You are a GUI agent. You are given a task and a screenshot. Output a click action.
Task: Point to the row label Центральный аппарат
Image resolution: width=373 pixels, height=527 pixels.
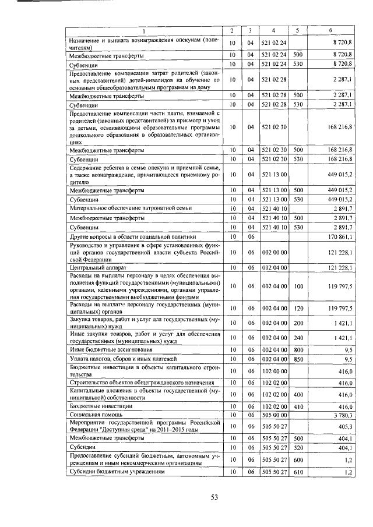point(94,268)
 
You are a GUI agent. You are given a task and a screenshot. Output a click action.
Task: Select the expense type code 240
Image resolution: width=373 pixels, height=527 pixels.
point(298,338)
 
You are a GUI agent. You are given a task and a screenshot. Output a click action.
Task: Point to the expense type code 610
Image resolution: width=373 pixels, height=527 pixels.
point(298,472)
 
